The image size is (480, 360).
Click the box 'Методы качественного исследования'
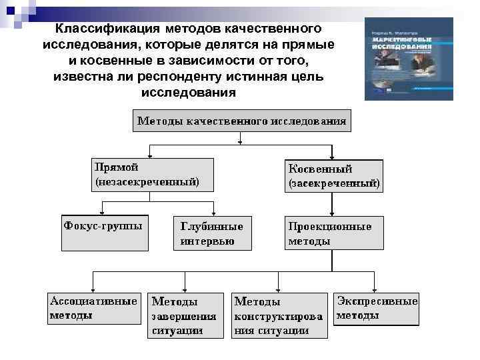[x=241, y=121]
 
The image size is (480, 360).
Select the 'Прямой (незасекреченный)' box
[x=153, y=175]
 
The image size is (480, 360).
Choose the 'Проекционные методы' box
[x=334, y=233]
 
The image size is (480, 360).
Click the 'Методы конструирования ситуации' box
[x=279, y=315]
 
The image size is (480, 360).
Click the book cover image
[x=409, y=59]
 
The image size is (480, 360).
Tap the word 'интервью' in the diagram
[x=207, y=240]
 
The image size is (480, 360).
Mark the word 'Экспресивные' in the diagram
[x=377, y=301]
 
